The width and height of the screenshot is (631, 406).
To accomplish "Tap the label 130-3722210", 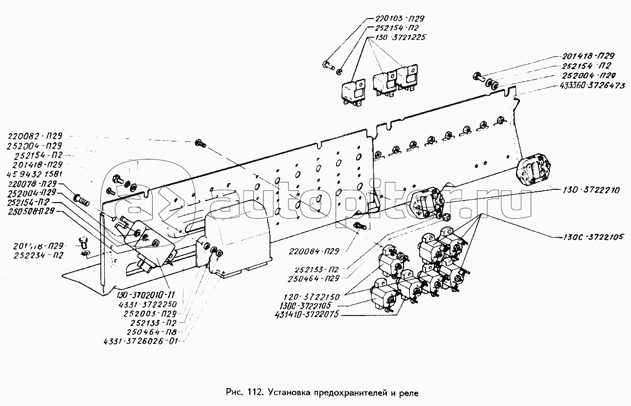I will pyautogui.click(x=581, y=190).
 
